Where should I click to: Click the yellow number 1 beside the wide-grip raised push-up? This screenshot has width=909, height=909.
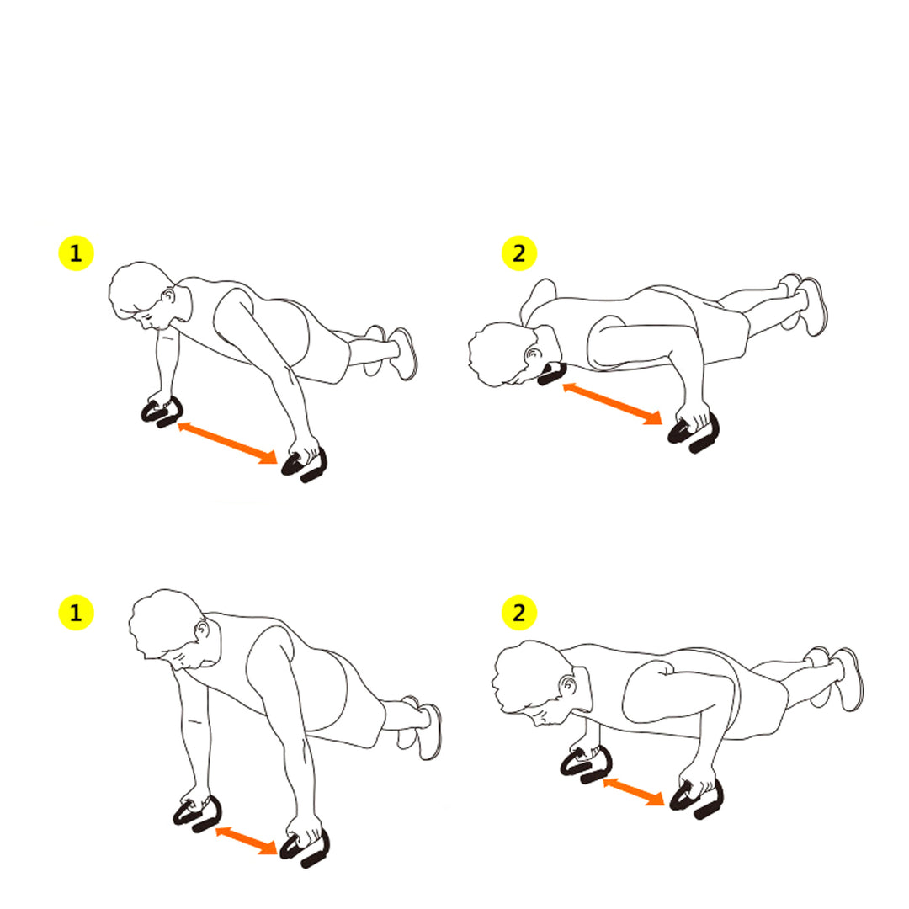76,253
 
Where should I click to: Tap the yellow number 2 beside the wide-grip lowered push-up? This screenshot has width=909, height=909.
519,253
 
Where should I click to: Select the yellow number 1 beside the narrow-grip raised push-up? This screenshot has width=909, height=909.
76,613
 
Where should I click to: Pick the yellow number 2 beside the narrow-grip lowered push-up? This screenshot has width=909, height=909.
519,613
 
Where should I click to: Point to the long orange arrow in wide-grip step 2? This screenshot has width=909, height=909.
611,403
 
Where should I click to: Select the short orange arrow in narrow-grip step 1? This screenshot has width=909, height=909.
247,841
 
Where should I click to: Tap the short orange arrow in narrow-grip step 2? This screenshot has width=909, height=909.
633,792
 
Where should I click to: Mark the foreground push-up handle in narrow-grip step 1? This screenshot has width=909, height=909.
305,846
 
